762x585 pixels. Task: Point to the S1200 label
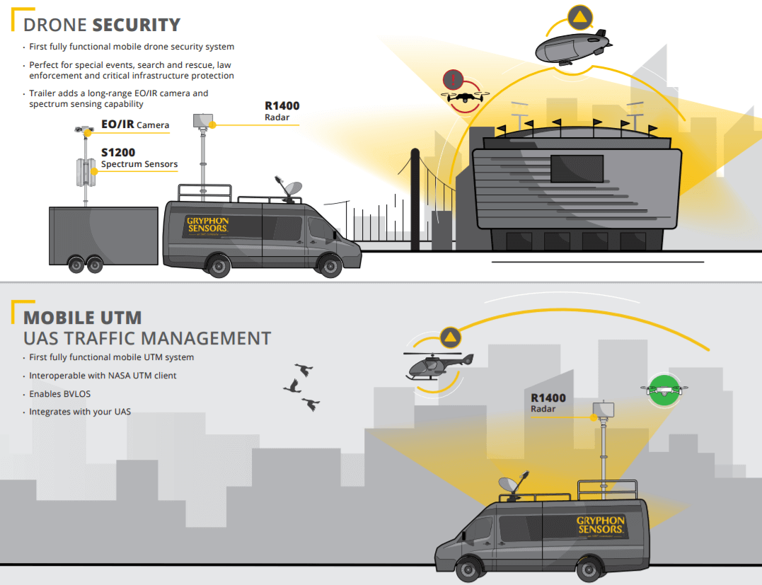click(118, 152)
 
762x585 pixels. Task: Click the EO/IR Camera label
click(135, 125)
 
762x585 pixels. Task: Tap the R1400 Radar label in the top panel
click(282, 111)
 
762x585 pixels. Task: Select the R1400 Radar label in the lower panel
click(548, 402)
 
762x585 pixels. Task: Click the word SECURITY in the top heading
click(137, 25)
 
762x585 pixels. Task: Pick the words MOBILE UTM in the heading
click(83, 317)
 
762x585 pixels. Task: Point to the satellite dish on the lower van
click(512, 485)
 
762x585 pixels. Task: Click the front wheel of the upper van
click(329, 266)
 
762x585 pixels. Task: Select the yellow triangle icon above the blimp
click(579, 17)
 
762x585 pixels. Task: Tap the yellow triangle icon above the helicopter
click(450, 337)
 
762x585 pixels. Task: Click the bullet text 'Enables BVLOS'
click(60, 393)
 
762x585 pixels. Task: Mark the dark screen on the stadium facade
click(577, 168)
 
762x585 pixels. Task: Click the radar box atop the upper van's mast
click(203, 121)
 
